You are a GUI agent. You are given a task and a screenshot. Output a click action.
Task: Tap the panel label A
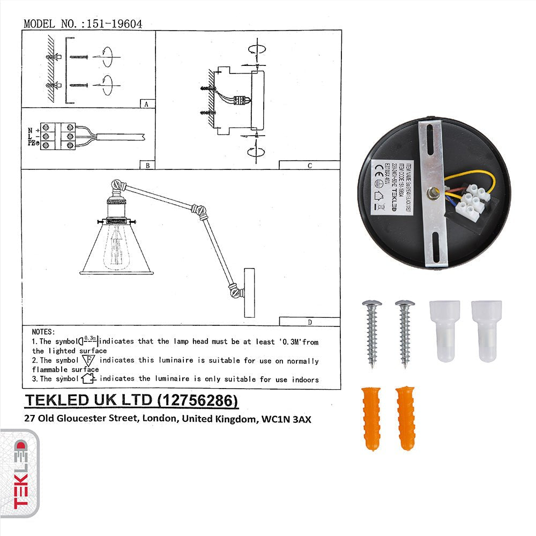click(146, 105)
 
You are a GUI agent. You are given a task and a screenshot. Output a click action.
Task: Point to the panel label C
click(309, 166)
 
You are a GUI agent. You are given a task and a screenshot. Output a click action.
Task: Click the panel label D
click(309, 322)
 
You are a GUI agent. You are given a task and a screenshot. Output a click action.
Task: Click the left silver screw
click(370, 333)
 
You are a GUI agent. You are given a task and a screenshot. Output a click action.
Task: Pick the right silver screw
click(405, 333)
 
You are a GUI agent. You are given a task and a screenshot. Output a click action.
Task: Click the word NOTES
click(43, 332)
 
